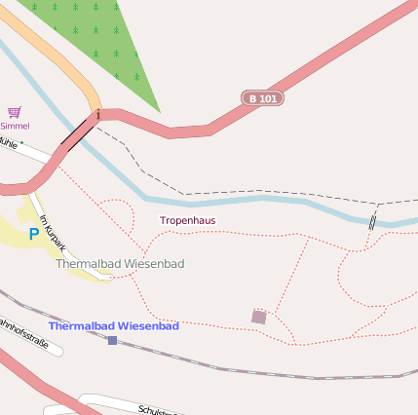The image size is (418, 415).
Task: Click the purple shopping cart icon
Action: (14, 113)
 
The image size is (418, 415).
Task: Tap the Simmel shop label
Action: (15, 126)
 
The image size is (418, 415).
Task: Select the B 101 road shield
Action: (261, 98)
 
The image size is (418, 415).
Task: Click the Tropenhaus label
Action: (188, 221)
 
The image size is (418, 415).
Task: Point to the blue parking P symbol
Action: (33, 234)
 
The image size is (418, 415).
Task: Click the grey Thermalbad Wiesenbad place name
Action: (120, 264)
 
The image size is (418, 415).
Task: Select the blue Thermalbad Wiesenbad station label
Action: (114, 326)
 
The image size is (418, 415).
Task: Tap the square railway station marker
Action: (112, 340)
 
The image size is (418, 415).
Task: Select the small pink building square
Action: (258, 317)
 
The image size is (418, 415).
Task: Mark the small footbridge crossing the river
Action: (372, 221)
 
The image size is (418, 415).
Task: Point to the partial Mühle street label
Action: (10, 142)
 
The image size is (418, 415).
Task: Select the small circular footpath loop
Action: (116, 214)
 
